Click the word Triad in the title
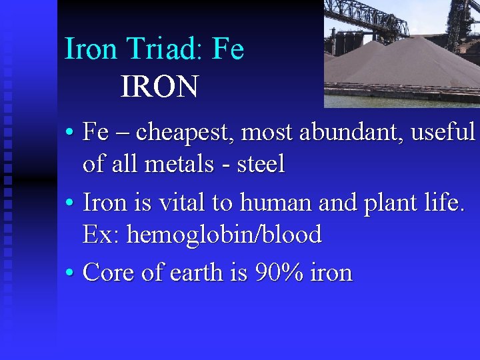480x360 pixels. click(155, 49)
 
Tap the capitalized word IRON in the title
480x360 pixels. click(159, 87)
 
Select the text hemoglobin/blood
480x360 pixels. click(224, 234)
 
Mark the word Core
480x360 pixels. click(109, 273)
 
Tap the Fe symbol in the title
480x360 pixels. click(228, 49)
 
